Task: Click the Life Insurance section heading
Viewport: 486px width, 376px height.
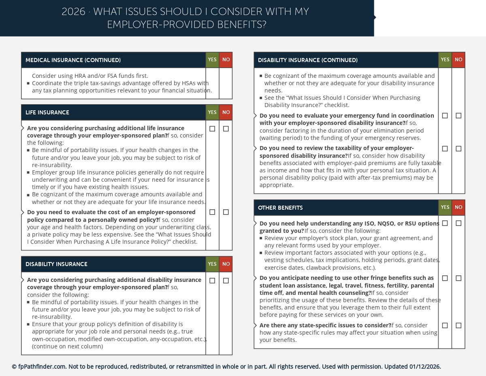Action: tap(47, 112)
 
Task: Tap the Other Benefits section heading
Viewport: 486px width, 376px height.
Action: tap(280, 208)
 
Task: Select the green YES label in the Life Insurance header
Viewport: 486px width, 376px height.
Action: tap(212, 112)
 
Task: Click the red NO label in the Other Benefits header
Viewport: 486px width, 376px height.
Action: tap(458, 207)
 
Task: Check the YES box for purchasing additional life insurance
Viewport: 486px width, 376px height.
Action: tap(212, 129)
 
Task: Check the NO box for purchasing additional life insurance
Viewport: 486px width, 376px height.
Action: tap(226, 129)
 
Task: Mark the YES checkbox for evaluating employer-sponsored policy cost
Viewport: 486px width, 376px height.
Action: tap(212, 212)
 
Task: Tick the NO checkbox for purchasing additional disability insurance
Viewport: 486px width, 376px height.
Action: tap(226, 281)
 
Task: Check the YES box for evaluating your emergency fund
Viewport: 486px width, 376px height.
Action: tap(445, 116)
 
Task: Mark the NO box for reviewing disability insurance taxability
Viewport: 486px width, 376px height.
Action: tap(458, 149)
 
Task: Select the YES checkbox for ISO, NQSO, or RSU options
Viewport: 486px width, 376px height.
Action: tap(445, 223)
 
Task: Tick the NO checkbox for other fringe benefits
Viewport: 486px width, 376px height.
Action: tap(458, 278)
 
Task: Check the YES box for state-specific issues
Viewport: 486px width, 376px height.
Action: tap(445, 325)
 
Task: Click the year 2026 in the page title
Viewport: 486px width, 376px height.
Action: tap(73, 12)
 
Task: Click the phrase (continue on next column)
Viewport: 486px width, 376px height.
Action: tap(67, 346)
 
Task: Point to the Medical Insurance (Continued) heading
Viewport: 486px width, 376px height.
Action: tap(73, 60)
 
